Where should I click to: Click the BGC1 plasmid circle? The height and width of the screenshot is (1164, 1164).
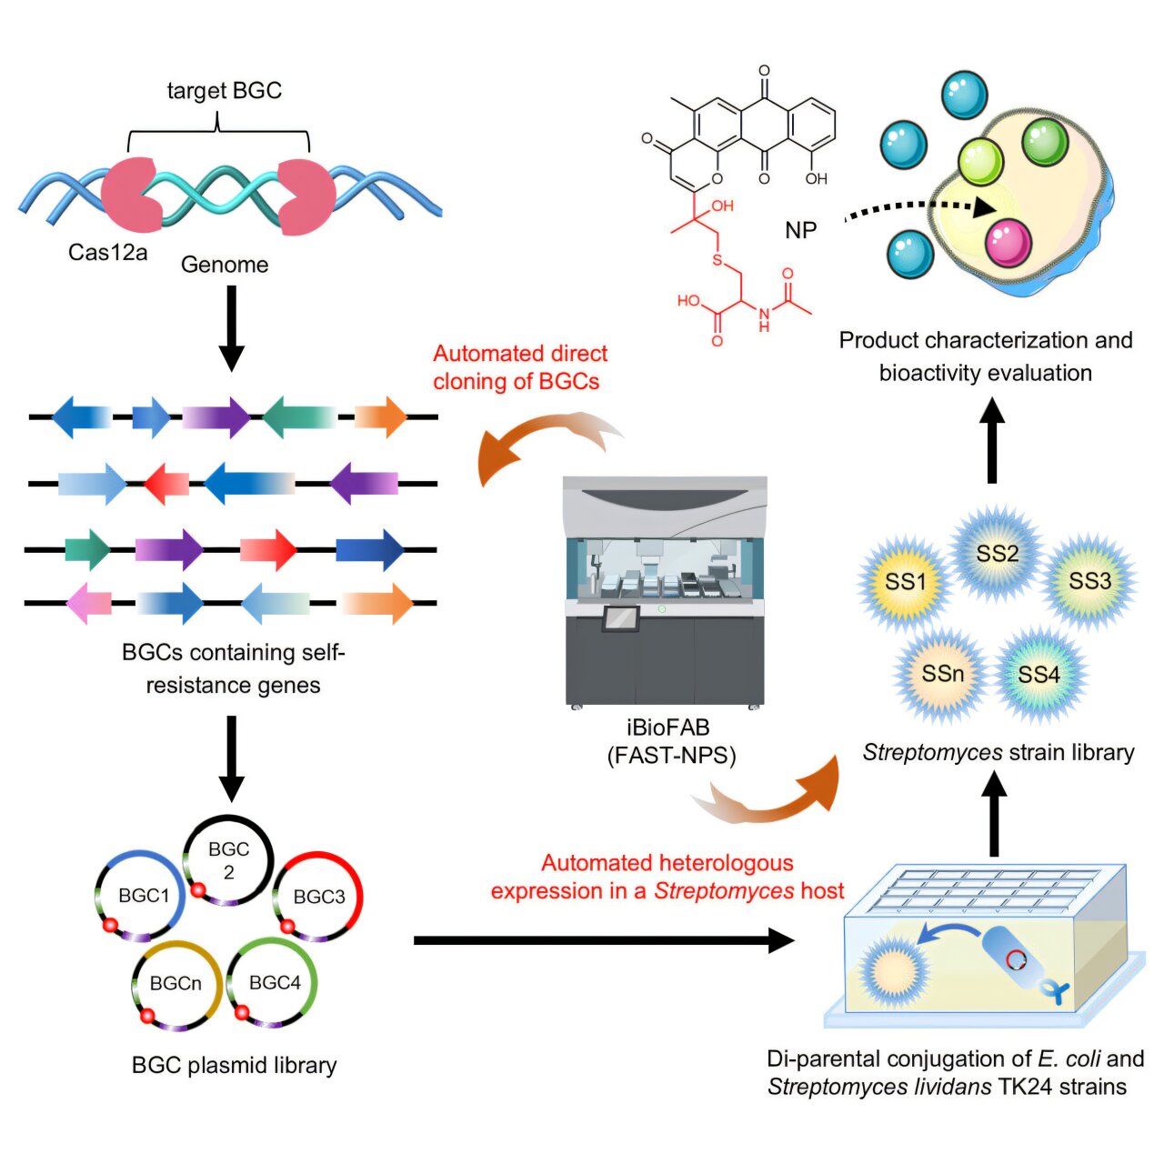pos(142,896)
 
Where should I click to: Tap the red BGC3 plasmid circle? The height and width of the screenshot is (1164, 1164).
pos(318,897)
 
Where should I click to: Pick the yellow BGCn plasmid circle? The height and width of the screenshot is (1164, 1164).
pos(176,984)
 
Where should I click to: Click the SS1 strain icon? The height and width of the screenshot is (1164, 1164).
pos(905,582)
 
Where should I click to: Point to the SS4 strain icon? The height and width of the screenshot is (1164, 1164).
pos(1039,674)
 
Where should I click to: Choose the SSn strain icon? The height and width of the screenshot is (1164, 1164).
pos(942,674)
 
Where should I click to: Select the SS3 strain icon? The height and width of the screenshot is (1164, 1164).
pos(1089,581)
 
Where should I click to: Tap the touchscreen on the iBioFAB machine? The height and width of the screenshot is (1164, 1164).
pos(621,618)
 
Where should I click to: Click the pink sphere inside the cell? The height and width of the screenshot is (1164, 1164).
pos(1008,242)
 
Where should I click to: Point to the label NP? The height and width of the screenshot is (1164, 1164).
pos(800,231)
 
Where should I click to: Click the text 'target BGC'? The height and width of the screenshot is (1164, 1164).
pos(224,91)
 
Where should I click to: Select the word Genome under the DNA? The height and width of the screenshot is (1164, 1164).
pos(225,265)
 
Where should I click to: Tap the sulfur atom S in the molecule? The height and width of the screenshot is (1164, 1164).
pos(717,261)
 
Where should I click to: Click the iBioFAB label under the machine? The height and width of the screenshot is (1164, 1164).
pos(668,728)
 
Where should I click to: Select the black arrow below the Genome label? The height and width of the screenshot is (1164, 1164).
pos(232,327)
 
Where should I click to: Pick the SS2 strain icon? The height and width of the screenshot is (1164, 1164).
pos(997,553)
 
